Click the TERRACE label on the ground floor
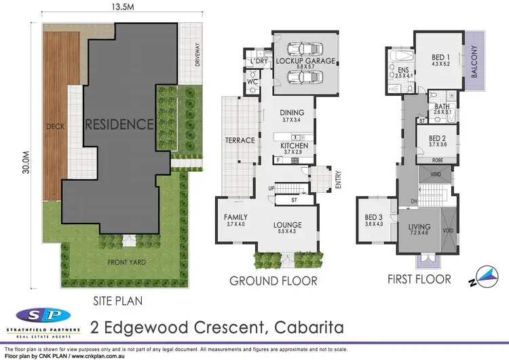tap(240, 141)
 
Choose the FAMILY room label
tap(236, 217)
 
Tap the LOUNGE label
tap(288, 225)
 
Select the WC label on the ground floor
tap(252, 82)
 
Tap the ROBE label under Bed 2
tap(438, 160)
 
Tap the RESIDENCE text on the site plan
tap(119, 124)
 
